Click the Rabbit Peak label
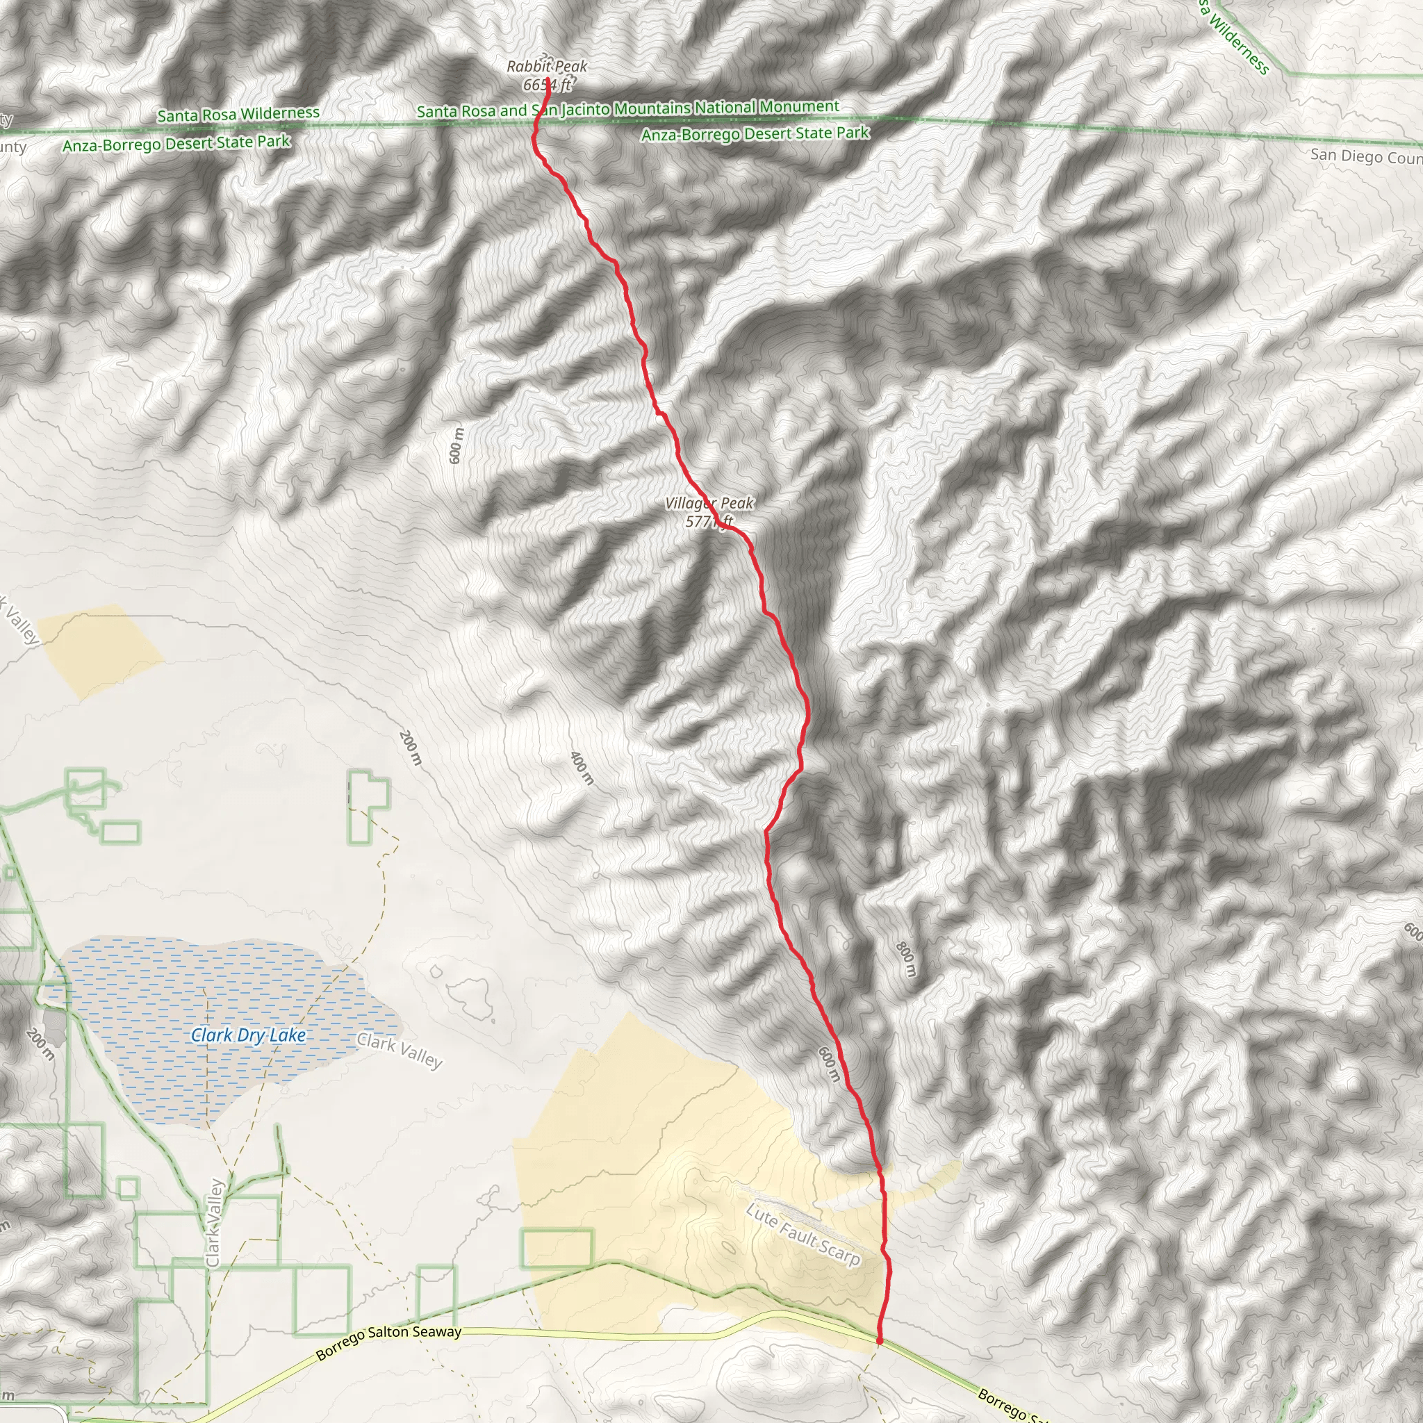pos(547,66)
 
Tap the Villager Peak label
pos(709,503)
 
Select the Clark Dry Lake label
pos(248,1035)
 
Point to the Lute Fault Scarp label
pos(803,1234)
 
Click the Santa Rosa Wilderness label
pos(238,114)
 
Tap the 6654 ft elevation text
pos(547,85)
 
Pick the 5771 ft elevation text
pos(709,522)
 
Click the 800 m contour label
pos(907,959)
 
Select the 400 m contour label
pos(582,768)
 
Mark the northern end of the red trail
pos(548,79)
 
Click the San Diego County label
pos(1366,157)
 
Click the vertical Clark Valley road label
pos(213,1223)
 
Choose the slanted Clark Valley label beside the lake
pos(400,1051)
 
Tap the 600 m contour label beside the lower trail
pos(829,1064)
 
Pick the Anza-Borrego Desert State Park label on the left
pos(176,143)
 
